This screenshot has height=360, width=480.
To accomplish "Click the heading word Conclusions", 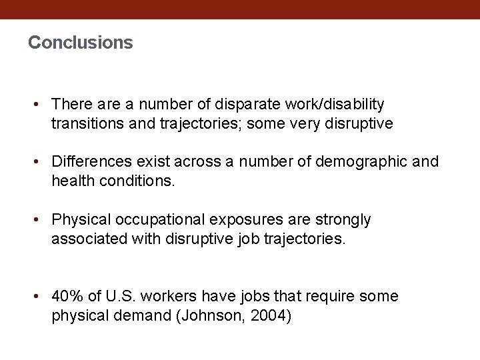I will [x=81, y=43].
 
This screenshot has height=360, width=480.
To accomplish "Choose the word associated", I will [x=87, y=238].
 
